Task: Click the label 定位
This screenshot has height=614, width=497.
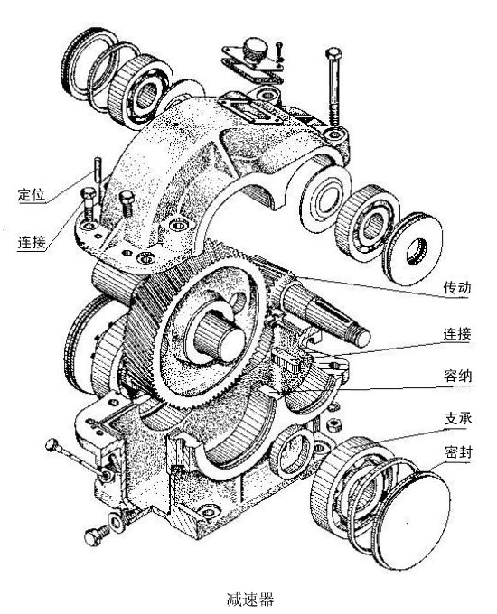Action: click(x=32, y=195)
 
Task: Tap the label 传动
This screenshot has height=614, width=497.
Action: click(x=457, y=287)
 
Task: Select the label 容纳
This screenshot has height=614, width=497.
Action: click(x=457, y=377)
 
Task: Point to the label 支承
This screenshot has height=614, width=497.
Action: click(x=458, y=419)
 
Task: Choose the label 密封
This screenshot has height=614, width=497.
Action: click(x=458, y=452)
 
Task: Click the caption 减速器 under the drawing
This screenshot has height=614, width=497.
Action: click(x=250, y=599)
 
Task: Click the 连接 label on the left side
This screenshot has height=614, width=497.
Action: click(x=32, y=242)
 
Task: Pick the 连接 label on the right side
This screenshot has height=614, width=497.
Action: click(x=457, y=334)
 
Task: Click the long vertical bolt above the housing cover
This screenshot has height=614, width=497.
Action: click(x=333, y=85)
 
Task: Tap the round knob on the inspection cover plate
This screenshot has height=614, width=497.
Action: click(x=255, y=49)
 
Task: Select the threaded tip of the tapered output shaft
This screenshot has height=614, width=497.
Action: click(x=362, y=338)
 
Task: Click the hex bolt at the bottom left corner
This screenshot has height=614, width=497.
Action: click(x=97, y=535)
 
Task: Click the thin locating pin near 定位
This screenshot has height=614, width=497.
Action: click(x=98, y=172)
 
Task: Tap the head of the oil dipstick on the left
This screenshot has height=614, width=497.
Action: click(x=52, y=445)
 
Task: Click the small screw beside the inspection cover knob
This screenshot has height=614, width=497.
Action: click(x=278, y=51)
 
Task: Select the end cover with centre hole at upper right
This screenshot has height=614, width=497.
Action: click(x=413, y=249)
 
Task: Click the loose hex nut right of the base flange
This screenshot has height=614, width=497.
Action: click(x=334, y=423)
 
